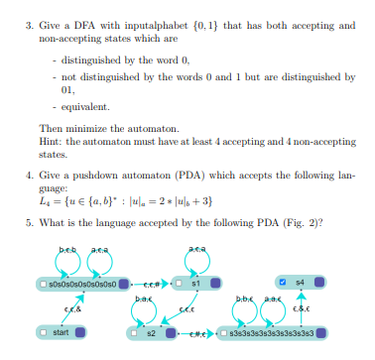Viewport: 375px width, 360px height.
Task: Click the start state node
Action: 61,330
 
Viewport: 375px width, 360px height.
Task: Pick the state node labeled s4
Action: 297,283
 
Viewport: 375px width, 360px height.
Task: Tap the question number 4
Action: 28,171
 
